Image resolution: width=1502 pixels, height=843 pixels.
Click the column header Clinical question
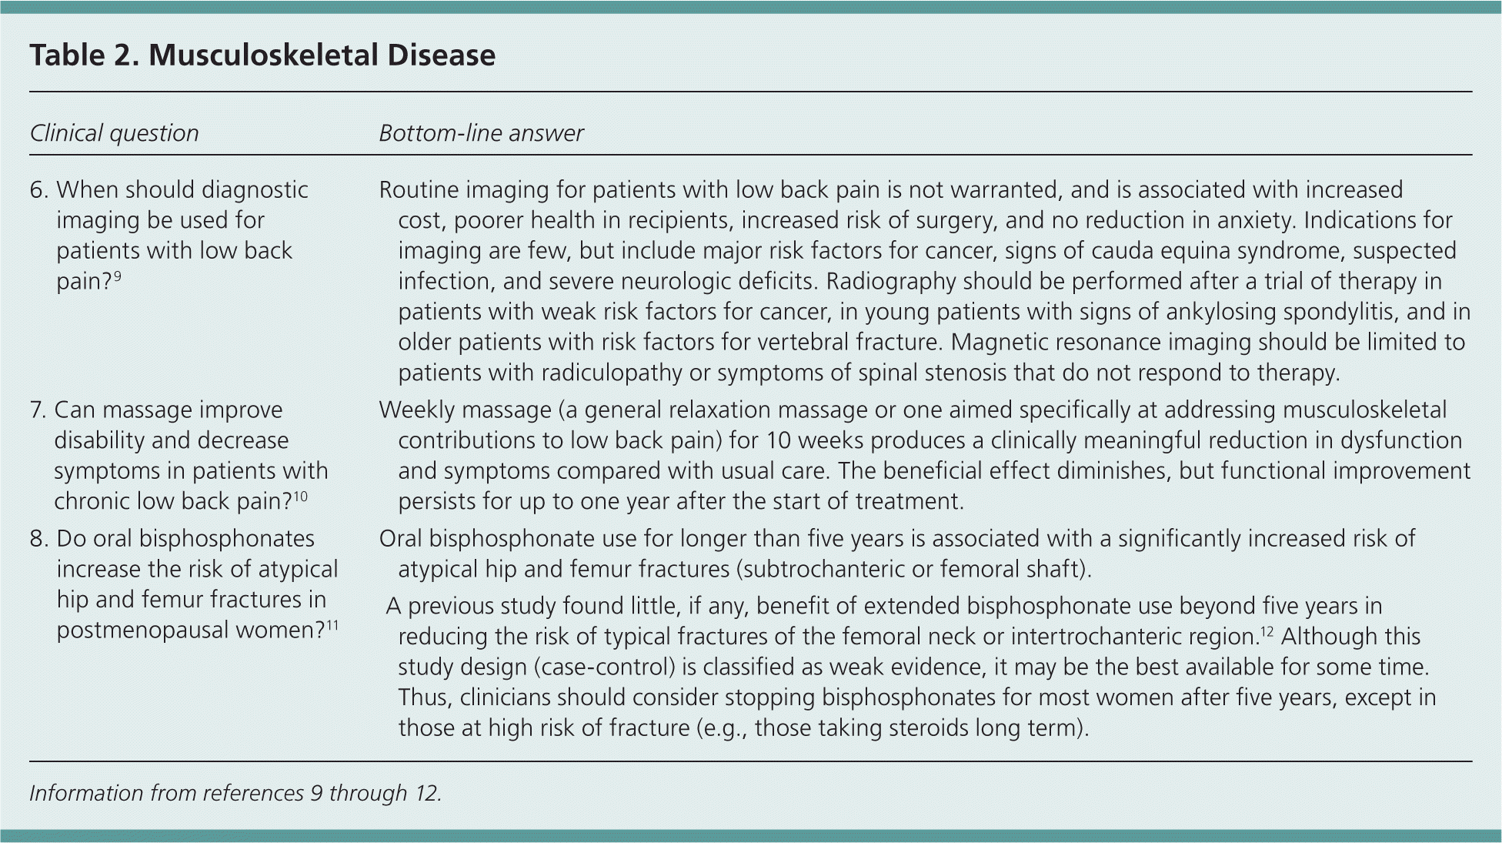[x=114, y=133]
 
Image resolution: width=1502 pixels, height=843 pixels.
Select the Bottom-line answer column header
[x=481, y=133]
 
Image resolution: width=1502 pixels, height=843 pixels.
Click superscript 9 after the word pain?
[x=117, y=276]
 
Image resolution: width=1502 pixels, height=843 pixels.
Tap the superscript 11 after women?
[x=332, y=624]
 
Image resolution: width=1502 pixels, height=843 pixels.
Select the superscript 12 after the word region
[x=1267, y=631]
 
